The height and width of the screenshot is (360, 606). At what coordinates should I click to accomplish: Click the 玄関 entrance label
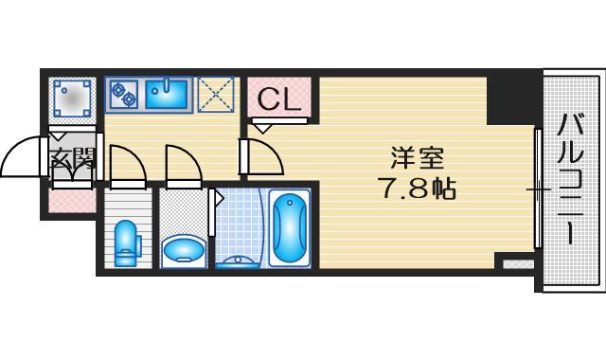[x=72, y=159]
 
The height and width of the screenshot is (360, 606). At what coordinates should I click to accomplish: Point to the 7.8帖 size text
[x=418, y=189]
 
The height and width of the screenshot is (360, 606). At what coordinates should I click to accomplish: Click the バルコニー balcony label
[x=570, y=178]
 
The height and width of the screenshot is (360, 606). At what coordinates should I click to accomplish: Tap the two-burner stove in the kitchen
[x=124, y=93]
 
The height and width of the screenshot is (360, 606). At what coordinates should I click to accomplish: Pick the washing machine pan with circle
[x=72, y=97]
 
